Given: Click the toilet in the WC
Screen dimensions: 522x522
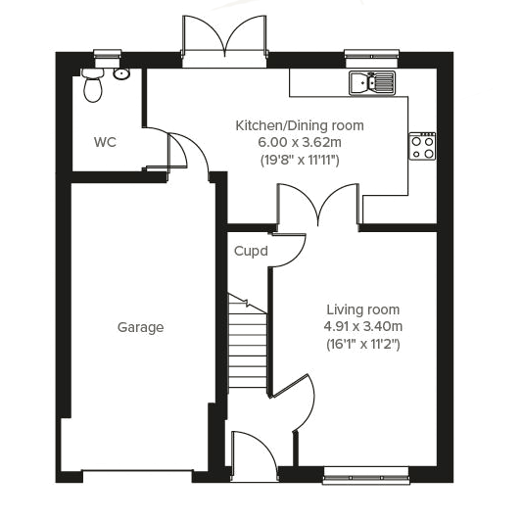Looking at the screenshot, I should click(x=94, y=86).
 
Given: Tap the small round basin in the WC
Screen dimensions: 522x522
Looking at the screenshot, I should click(x=121, y=73).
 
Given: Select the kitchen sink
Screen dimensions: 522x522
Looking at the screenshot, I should click(x=371, y=83).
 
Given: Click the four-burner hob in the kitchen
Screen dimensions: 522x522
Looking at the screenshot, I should click(x=423, y=146).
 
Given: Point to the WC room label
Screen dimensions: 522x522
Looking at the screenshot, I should click(x=105, y=142).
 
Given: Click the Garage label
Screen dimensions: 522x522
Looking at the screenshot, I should click(x=140, y=327).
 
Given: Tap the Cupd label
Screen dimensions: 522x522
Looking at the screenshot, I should click(x=251, y=251).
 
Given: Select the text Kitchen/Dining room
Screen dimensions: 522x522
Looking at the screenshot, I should click(x=299, y=125).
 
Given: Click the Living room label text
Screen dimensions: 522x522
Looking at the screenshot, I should click(x=363, y=310).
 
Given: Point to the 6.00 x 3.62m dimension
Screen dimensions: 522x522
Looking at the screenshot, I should click(x=299, y=142).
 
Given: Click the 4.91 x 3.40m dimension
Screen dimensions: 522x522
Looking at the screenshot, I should click(x=363, y=327).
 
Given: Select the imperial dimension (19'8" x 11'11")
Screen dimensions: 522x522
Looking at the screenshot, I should click(x=299, y=159).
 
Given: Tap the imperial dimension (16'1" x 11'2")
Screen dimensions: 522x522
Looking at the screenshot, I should click(x=363, y=344).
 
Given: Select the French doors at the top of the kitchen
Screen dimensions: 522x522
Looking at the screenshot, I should click(x=224, y=44).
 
